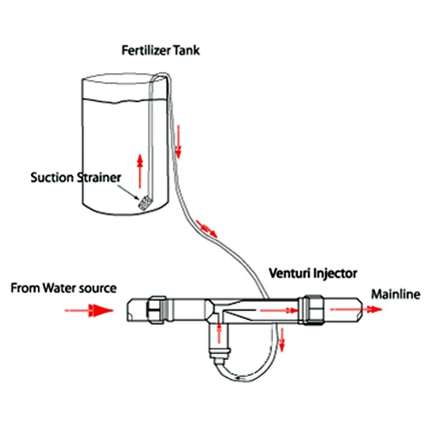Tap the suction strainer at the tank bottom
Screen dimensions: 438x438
coord(144,203)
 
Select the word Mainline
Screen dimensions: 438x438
coord(396,295)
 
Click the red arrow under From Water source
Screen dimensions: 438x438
coord(89,310)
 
